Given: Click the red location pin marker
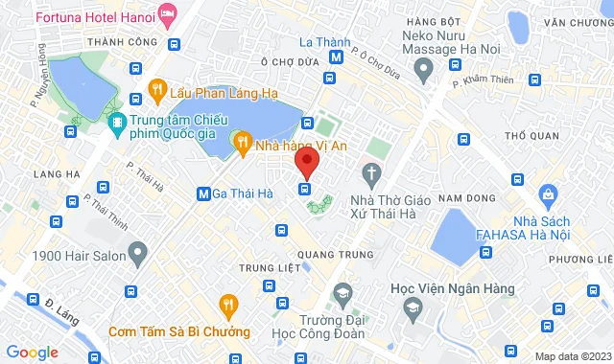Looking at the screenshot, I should [x=306, y=161].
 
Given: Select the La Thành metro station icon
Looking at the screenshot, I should [x=336, y=58].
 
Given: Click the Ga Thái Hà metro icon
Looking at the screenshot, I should [x=203, y=193].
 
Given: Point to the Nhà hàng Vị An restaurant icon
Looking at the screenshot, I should [x=243, y=145].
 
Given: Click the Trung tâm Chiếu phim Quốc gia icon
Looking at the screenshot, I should [x=117, y=123].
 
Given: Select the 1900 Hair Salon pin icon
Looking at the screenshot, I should [x=138, y=256].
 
